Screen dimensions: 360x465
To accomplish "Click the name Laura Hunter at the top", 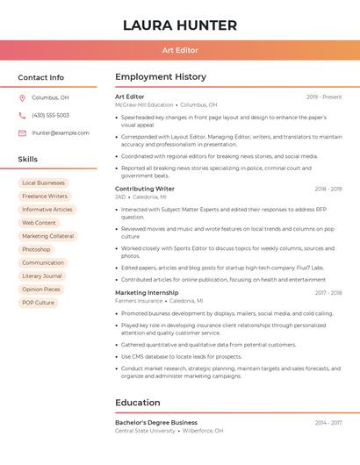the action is point(180,25).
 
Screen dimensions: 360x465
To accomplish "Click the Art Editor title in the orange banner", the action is point(180,50).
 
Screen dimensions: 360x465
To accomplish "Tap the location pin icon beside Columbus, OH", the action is point(22,97).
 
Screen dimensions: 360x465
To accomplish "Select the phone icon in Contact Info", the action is point(22,115).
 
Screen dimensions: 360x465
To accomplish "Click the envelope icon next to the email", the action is point(22,132).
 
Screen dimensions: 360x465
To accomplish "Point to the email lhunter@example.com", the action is point(60,132).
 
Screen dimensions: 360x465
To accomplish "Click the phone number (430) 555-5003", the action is point(50,115).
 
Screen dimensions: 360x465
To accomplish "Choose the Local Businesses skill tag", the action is point(43,183).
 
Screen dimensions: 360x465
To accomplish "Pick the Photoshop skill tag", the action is point(36,249).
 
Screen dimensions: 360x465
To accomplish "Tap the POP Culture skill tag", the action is point(38,303).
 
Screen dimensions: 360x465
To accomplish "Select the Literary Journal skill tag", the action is point(42,275).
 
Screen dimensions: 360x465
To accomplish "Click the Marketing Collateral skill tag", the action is point(47,236).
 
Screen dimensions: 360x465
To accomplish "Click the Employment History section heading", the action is point(161,77).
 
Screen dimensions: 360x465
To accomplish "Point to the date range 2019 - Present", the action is point(324,97).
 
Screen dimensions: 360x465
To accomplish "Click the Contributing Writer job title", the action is point(145,189).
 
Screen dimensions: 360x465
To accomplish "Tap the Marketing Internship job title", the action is point(147,293).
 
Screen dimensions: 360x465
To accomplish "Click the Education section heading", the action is point(138,403).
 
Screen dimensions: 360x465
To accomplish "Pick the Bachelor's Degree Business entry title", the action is point(156,423).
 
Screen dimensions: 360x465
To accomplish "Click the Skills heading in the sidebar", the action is point(28,160).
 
